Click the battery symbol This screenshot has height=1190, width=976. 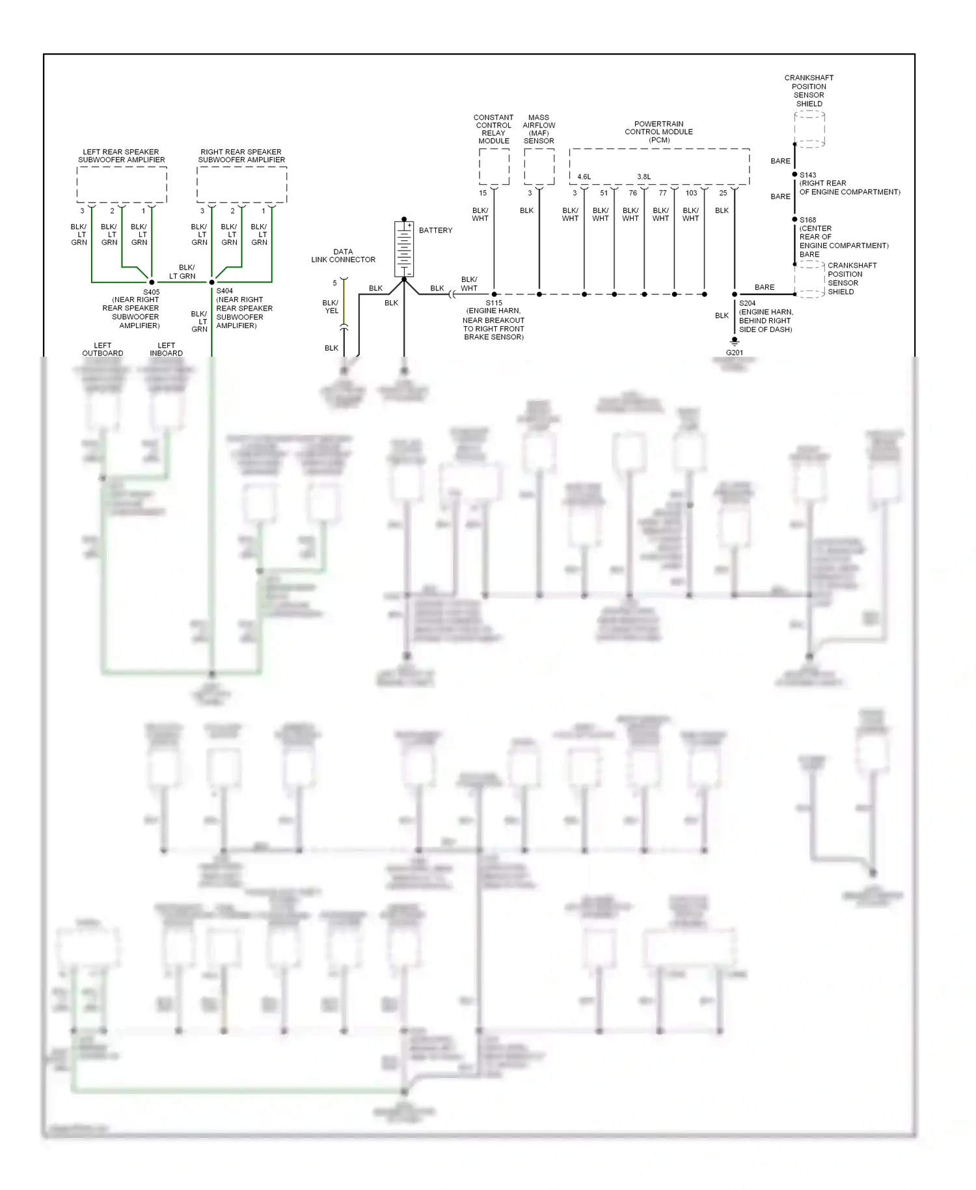point(404,249)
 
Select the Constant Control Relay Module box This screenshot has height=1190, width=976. point(494,167)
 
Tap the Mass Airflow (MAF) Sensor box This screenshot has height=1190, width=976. point(539,167)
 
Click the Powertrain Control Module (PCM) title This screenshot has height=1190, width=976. point(658,131)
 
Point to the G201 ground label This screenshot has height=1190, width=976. point(734,353)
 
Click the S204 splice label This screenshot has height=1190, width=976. point(747,303)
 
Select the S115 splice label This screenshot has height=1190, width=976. point(494,303)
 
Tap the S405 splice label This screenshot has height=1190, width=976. point(151,292)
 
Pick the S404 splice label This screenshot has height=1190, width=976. point(224,291)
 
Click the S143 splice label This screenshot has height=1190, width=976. point(807,175)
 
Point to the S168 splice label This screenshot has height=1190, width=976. point(807,220)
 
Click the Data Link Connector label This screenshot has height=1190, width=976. point(343,256)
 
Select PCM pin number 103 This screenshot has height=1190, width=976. point(691,193)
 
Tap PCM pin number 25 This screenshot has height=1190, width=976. point(723,193)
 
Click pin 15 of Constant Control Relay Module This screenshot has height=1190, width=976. point(483,193)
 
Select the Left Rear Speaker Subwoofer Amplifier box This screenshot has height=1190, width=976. point(122,185)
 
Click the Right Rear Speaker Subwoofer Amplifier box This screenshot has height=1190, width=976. point(241,185)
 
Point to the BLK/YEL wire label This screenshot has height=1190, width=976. point(331,307)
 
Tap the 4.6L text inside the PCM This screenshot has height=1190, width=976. point(584,177)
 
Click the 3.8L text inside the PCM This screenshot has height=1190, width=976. point(644,177)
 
